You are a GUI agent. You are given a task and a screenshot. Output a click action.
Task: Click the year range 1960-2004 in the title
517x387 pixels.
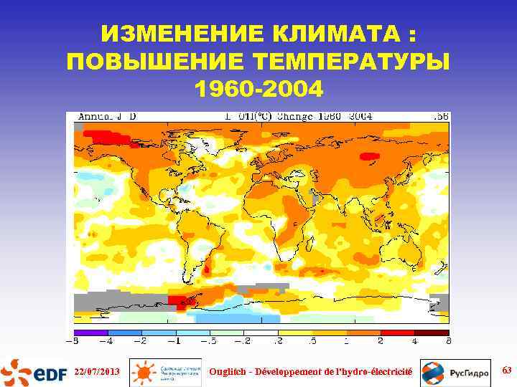258,89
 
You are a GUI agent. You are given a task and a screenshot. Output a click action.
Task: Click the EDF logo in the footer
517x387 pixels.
35,372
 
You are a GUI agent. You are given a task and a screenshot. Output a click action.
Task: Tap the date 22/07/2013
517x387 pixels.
98,371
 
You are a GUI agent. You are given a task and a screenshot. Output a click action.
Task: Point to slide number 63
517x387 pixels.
506,370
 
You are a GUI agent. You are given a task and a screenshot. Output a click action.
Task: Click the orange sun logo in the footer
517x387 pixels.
144,373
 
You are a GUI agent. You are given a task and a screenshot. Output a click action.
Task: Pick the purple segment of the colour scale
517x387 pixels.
90,333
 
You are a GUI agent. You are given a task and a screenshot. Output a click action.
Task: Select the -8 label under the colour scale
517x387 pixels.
75,341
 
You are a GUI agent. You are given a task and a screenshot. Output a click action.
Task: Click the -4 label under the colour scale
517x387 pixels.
108,341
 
